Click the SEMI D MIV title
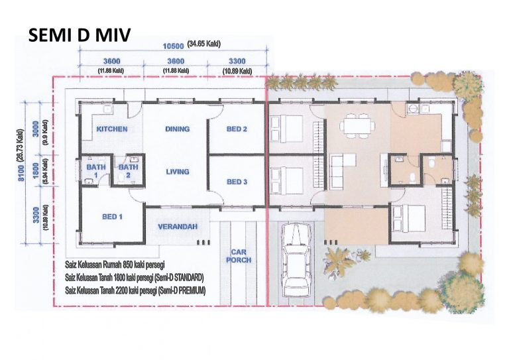[80, 35]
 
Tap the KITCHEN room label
[112, 129]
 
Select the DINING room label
[177, 129]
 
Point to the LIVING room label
[178, 172]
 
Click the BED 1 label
[112, 217]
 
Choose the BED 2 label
[237, 129]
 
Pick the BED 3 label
[237, 182]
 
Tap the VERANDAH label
[178, 227]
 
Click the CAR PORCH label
[239, 256]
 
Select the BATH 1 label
[96, 171]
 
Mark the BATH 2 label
[128, 171]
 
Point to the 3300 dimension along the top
[237, 61]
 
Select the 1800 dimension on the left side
[36, 170]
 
